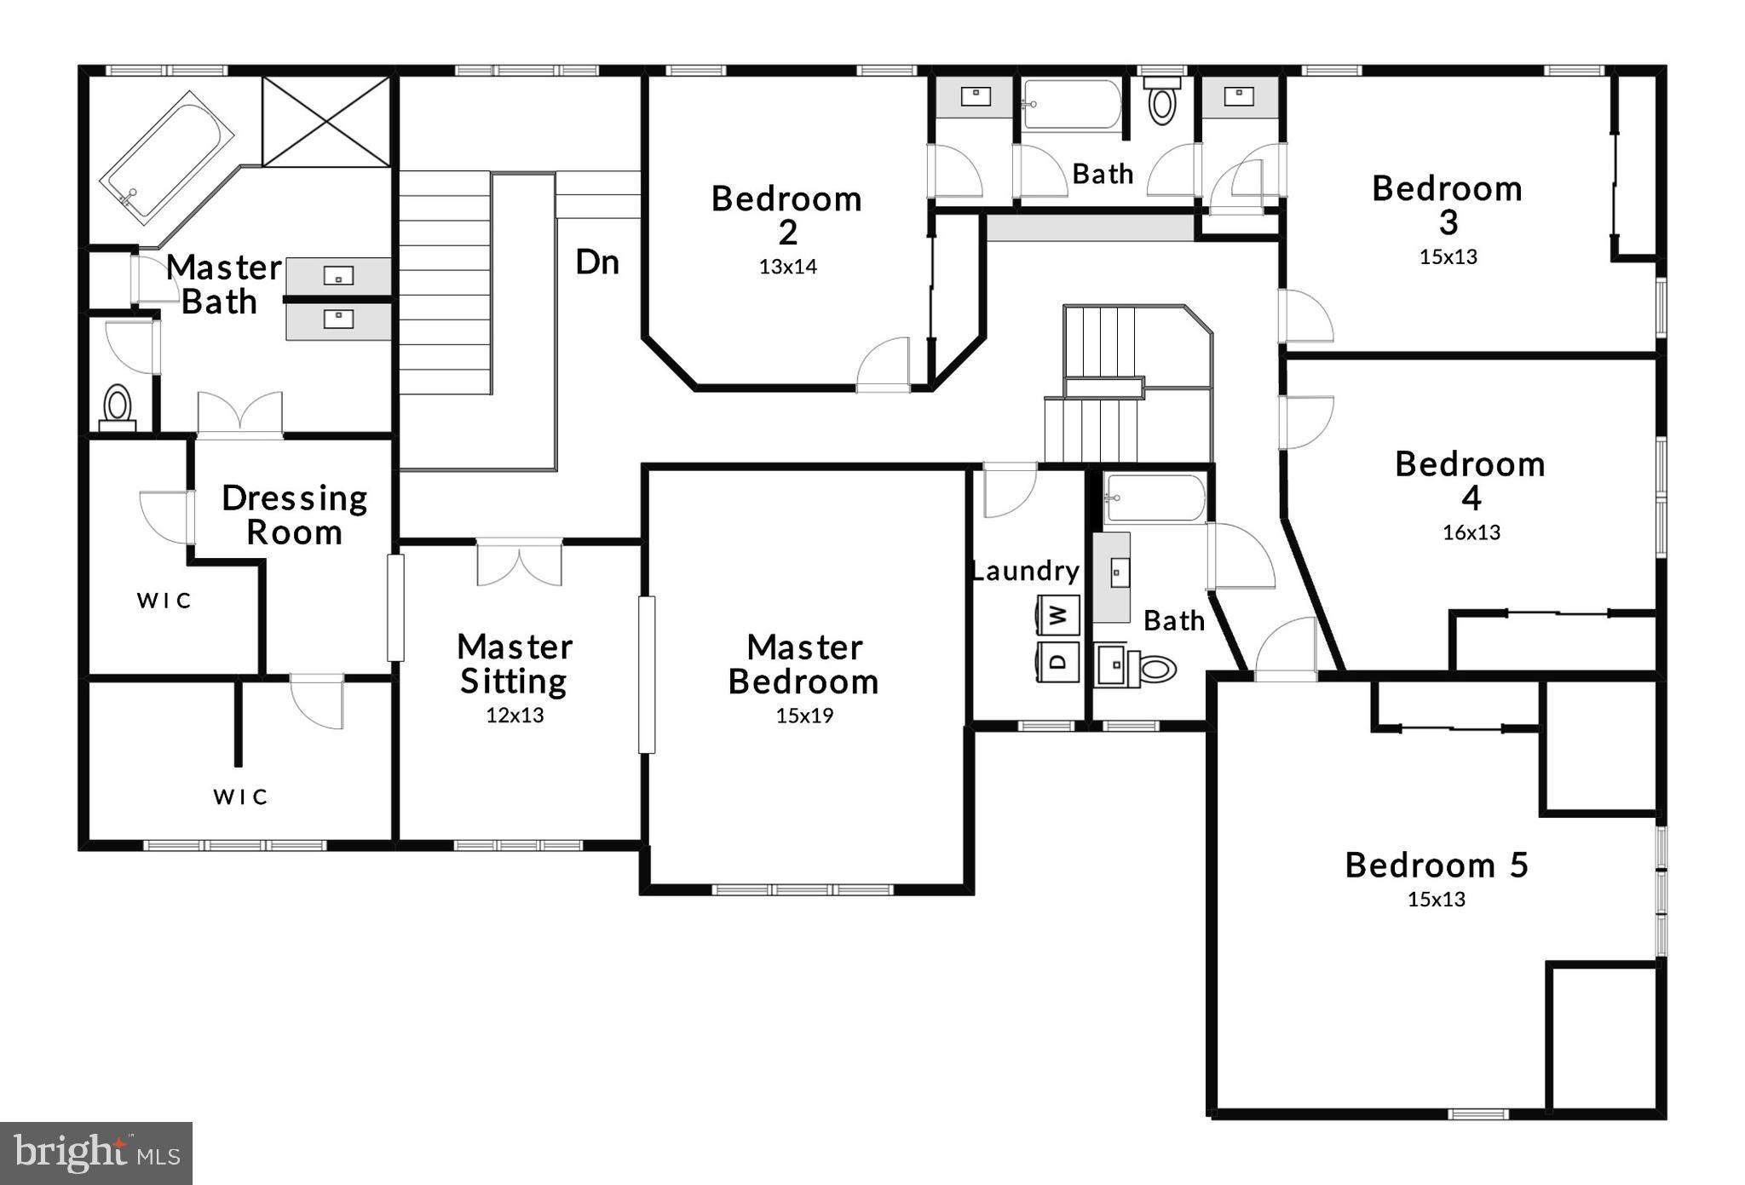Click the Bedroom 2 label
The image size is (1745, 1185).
pos(786,215)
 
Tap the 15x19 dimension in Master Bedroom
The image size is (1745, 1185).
pos(804,716)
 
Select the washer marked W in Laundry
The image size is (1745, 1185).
pos(1058,614)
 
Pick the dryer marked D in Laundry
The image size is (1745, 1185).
pos(1058,661)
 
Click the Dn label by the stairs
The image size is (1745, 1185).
pos(596,262)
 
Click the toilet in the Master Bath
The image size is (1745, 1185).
pos(118,406)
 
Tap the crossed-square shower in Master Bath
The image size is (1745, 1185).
pos(325,121)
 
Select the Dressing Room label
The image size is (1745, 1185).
pos(294,515)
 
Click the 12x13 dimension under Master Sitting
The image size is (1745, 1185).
pos(515,716)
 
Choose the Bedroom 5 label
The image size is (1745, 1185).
pos(1437,865)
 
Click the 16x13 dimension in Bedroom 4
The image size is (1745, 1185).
pos(1471,532)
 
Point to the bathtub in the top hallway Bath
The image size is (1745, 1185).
pos(1072,105)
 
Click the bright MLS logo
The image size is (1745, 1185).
pos(95,1153)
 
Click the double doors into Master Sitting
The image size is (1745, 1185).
pos(519,562)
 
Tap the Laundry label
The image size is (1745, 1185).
pos(1025,571)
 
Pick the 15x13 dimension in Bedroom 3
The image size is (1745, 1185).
pos(1448,256)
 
